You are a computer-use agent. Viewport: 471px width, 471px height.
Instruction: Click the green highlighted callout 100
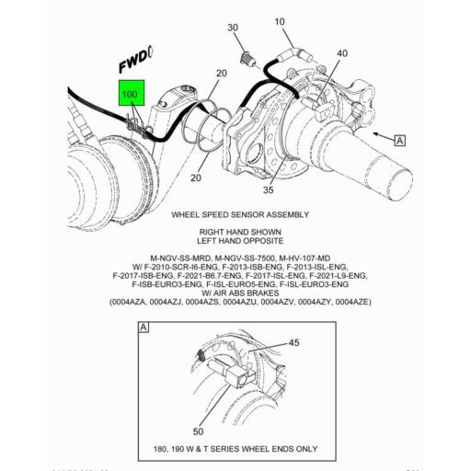click(x=130, y=94)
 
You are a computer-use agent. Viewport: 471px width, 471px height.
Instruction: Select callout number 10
click(x=280, y=21)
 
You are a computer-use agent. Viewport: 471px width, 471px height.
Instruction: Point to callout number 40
click(x=342, y=54)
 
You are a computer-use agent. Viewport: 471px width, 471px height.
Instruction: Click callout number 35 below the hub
click(x=269, y=190)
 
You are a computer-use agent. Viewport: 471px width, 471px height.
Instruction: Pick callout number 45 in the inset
click(x=294, y=343)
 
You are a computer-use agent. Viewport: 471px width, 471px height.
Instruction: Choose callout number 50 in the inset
click(x=198, y=431)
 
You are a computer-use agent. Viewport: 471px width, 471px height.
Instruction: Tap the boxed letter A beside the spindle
click(x=400, y=140)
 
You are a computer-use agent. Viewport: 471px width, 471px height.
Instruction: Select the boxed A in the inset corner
click(x=144, y=327)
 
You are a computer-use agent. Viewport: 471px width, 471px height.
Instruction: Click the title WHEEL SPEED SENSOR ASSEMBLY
click(x=240, y=214)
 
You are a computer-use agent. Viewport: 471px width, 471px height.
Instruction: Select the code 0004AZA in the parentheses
click(x=135, y=302)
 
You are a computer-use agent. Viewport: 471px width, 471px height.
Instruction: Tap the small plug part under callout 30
click(x=246, y=61)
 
